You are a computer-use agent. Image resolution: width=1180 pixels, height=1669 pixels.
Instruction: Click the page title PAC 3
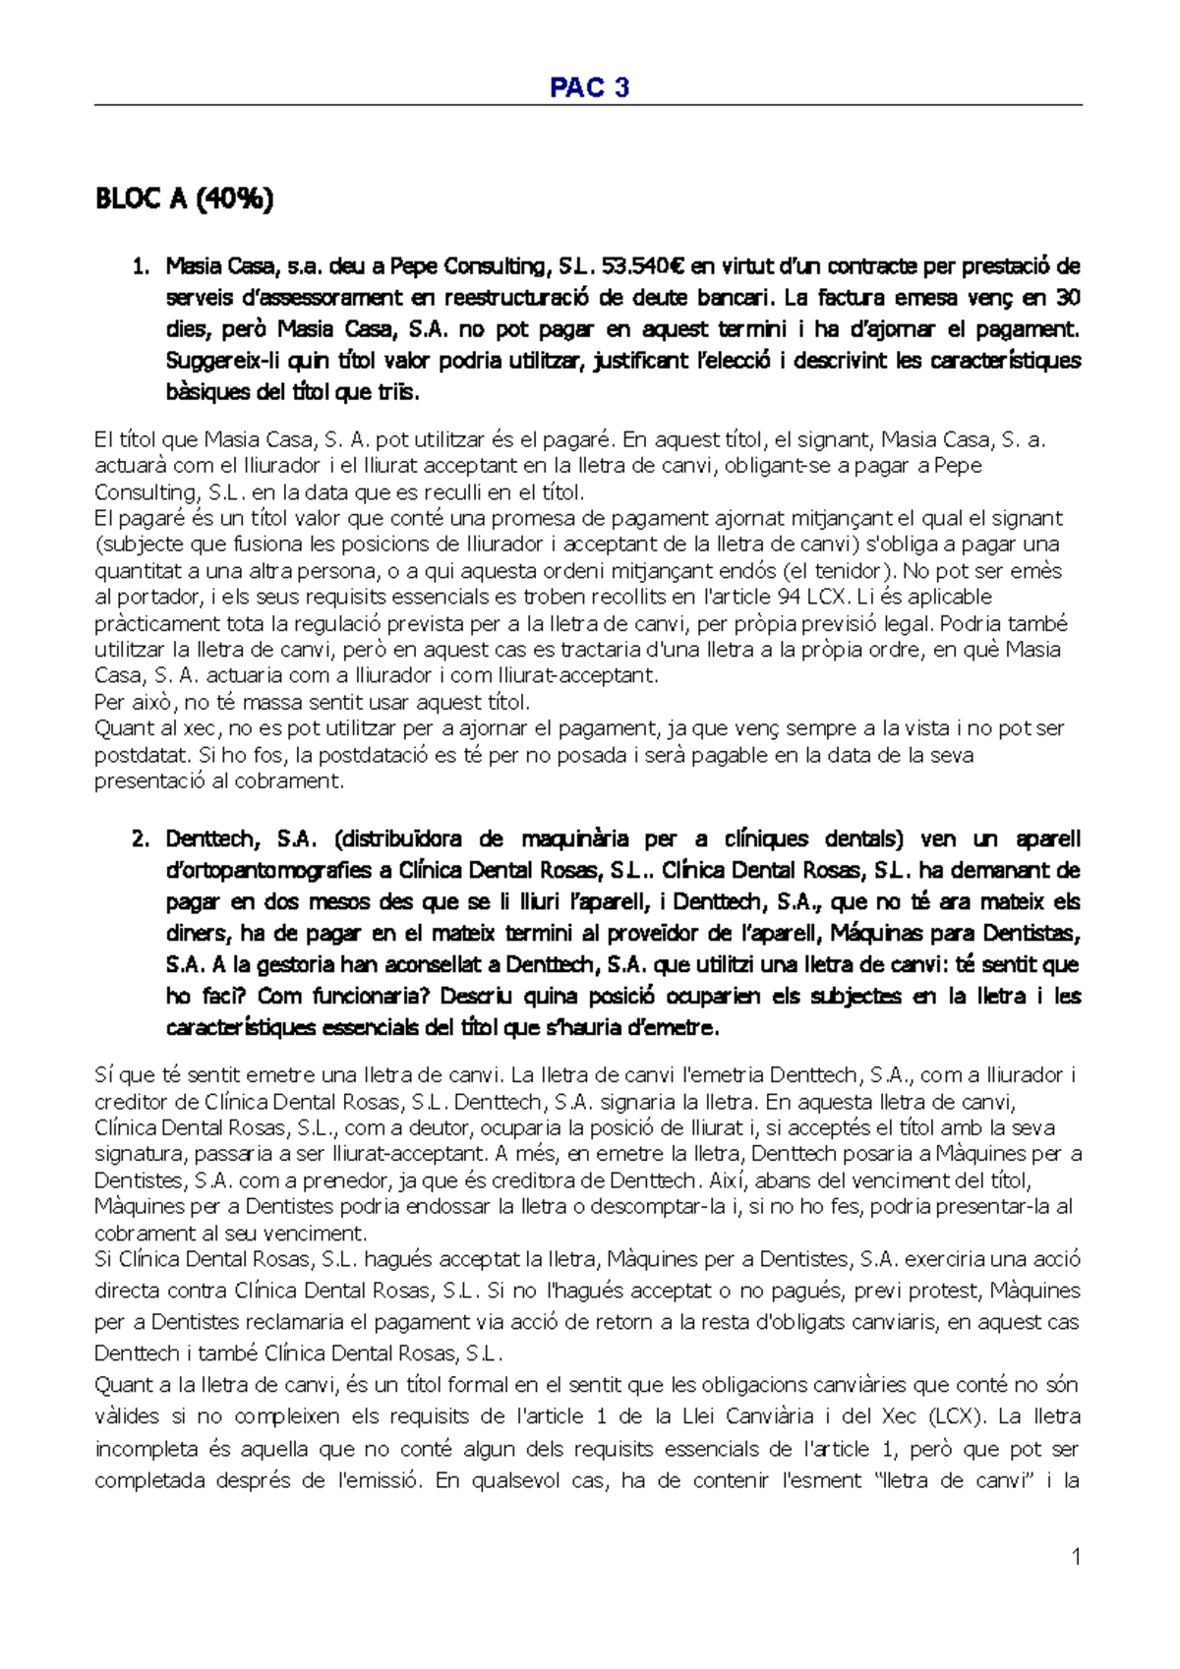coord(589,87)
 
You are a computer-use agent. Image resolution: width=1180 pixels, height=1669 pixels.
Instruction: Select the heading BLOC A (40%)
coord(184,199)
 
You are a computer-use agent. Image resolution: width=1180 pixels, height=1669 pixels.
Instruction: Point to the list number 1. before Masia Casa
coord(142,265)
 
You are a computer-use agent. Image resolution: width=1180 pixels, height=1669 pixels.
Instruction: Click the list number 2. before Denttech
coord(142,838)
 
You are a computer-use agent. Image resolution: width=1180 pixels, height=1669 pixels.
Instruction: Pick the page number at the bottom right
coord(1076,1556)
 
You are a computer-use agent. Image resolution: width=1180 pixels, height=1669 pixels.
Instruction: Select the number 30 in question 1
coord(1068,297)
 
